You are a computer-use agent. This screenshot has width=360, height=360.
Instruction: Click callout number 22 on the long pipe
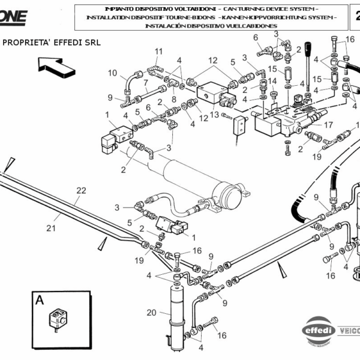point(81,191)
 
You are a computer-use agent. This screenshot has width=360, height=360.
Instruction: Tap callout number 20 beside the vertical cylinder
point(151,312)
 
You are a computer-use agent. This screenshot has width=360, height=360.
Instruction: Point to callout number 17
point(328,125)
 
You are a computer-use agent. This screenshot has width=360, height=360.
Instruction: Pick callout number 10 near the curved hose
point(113,73)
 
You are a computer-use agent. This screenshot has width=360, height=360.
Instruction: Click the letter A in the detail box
point(39,300)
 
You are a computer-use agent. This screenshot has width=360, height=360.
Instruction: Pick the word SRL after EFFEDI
point(91,43)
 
